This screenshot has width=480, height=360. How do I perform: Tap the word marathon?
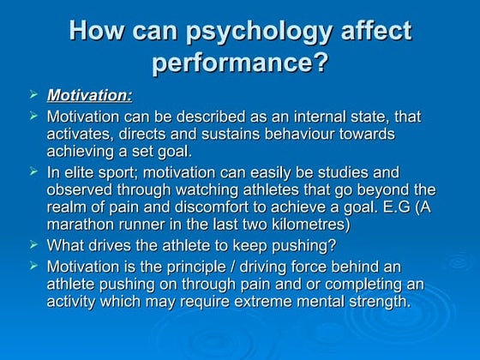[78, 227]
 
